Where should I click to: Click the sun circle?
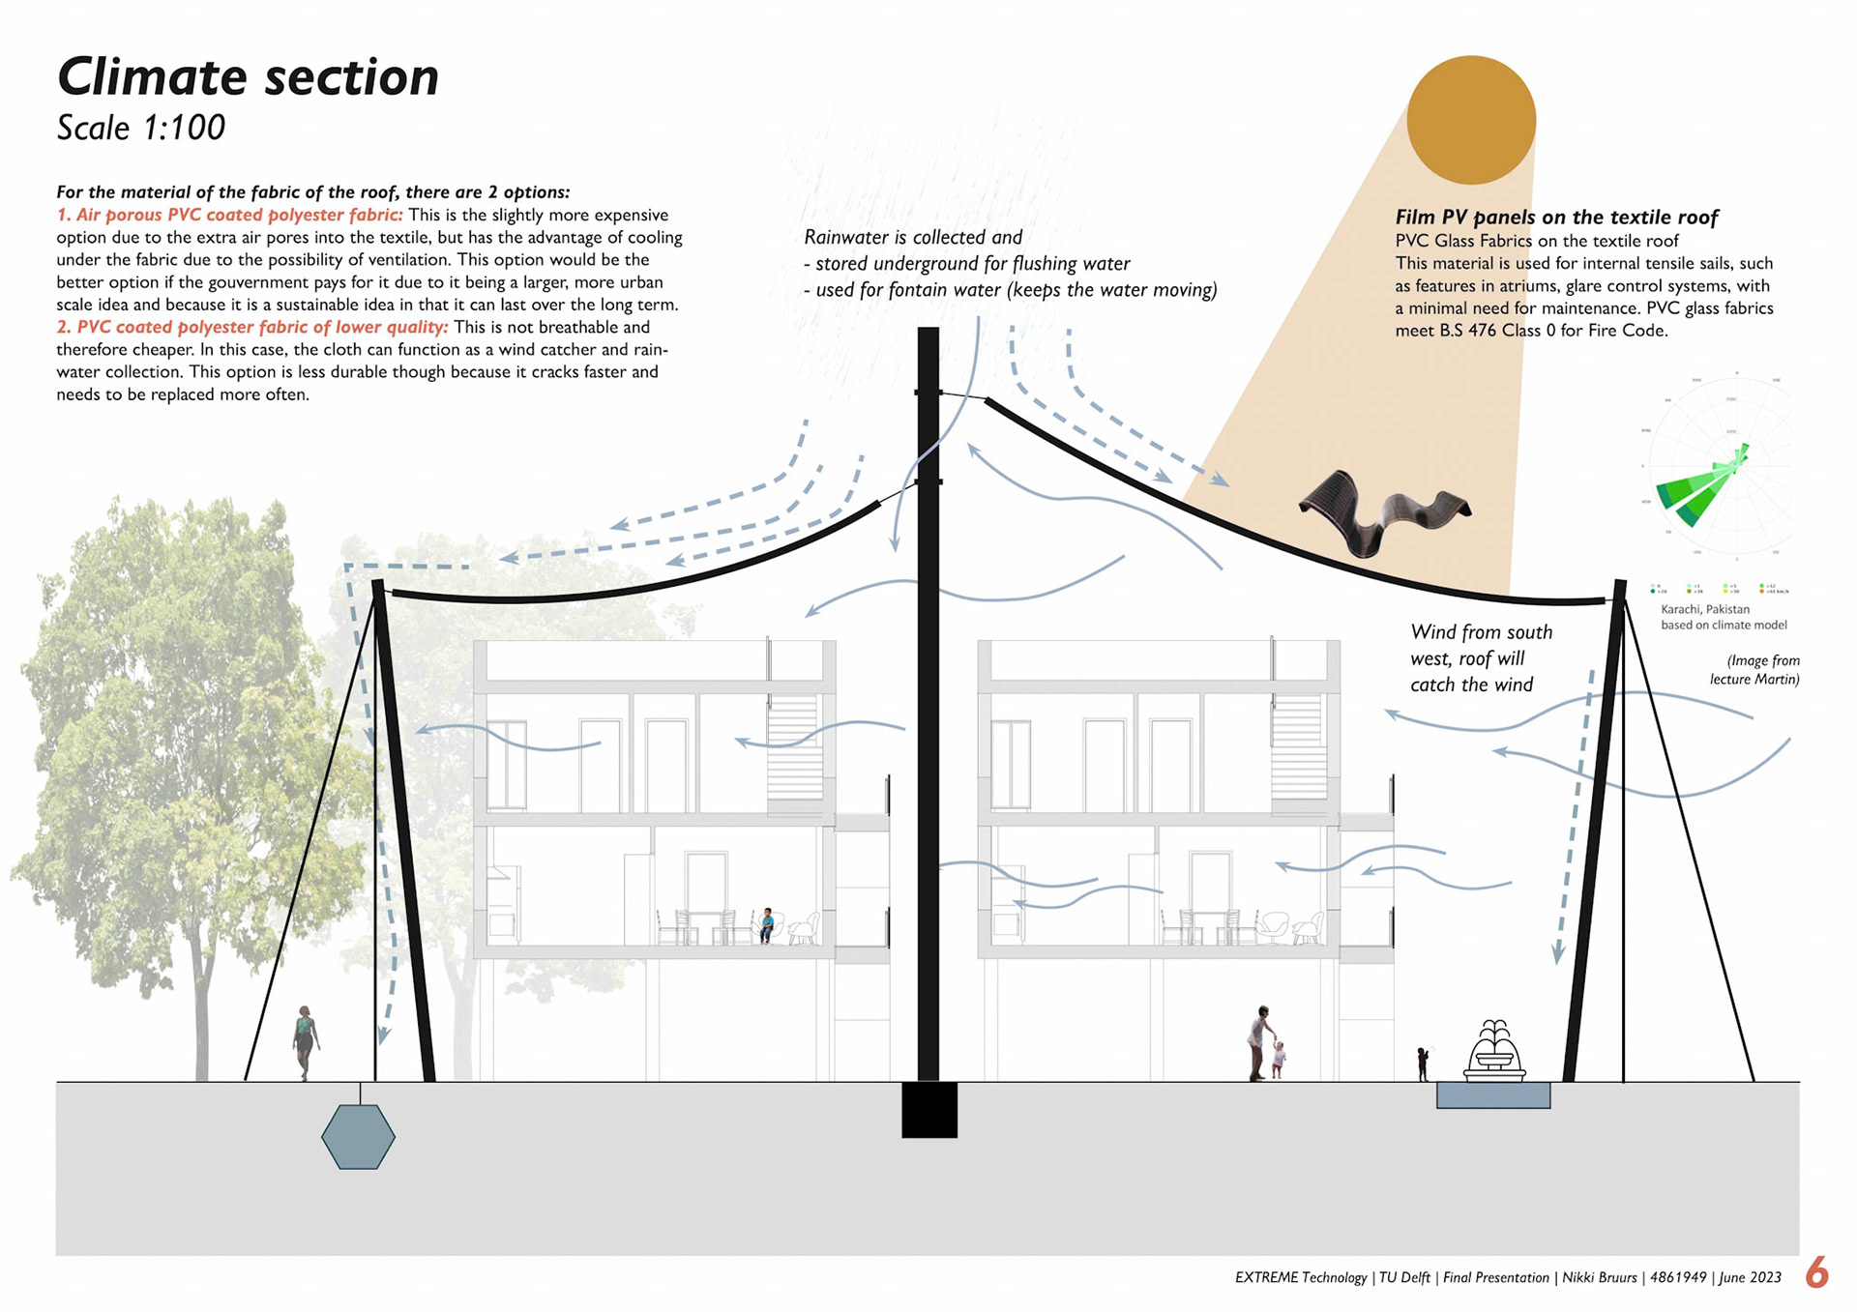point(1471,120)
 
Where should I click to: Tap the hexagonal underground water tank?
point(358,1137)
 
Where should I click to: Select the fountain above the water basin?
point(1494,1050)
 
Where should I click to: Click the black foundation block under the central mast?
point(929,1109)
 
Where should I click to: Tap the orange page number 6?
point(1816,1272)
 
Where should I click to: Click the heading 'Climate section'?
point(248,77)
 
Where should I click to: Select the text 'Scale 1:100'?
point(141,128)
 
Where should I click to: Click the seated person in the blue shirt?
point(767,924)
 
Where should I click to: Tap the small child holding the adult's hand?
point(1279,1059)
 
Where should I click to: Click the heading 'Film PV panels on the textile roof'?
point(1556,218)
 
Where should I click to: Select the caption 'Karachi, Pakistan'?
point(1705,609)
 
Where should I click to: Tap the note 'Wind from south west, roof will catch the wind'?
point(1480,658)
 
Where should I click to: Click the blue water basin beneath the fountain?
point(1492,1095)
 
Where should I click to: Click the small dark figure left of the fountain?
point(1423,1064)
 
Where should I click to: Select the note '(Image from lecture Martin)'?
point(1755,670)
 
